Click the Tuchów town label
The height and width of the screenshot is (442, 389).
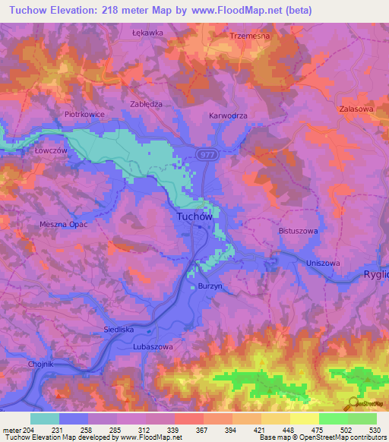tap(194, 216)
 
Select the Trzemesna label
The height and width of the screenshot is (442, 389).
tap(250, 36)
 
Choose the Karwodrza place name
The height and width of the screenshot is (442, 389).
tap(228, 116)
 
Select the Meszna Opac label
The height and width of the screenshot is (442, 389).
tap(64, 225)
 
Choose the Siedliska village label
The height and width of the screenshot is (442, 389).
tap(119, 330)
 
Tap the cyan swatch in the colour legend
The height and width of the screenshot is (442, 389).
tap(45, 418)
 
